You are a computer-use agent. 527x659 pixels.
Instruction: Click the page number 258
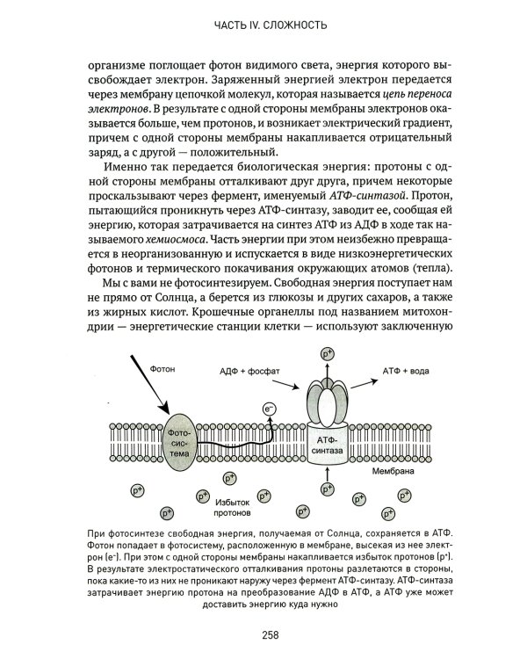click(x=263, y=637)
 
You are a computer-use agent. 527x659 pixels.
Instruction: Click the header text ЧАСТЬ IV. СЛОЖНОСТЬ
click(x=263, y=25)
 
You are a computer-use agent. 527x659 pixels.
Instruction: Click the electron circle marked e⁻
click(x=270, y=408)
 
